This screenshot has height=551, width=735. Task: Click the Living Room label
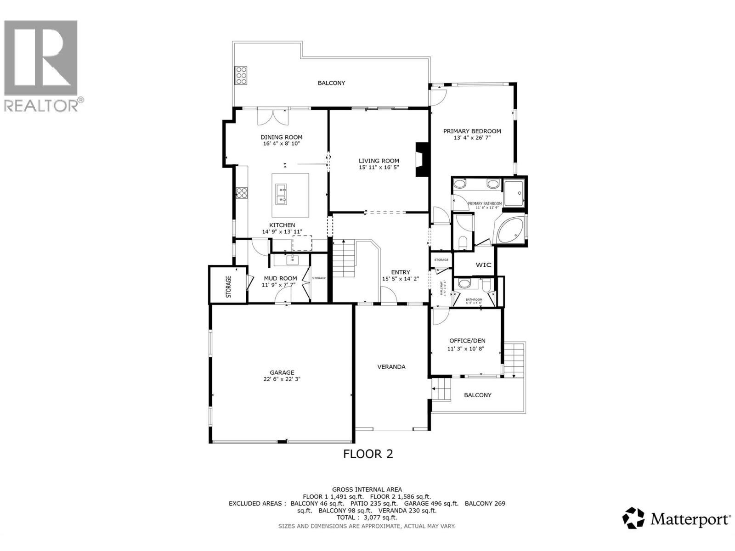tap(379, 161)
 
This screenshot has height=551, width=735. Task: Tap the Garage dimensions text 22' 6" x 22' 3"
tap(282, 379)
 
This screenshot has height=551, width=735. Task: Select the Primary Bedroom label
tap(472, 131)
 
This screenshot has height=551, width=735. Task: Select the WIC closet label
tap(483, 265)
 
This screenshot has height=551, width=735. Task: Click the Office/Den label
tap(467, 341)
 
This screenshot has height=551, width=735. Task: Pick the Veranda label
tap(391, 366)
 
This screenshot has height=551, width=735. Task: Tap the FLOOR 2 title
tap(368, 454)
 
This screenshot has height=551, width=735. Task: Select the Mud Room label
tap(280, 278)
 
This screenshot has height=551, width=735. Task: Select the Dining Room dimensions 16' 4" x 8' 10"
tap(281, 144)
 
